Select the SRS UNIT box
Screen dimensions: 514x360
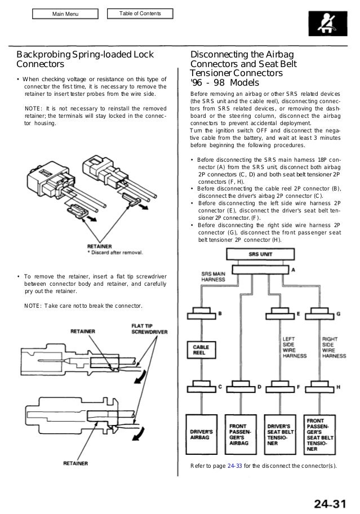(x=261, y=254)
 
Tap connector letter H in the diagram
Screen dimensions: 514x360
(x=337, y=388)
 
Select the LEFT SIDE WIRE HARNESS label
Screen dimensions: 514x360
(x=292, y=347)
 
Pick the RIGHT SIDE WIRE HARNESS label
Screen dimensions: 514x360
(x=334, y=347)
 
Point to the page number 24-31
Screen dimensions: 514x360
(x=328, y=500)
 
